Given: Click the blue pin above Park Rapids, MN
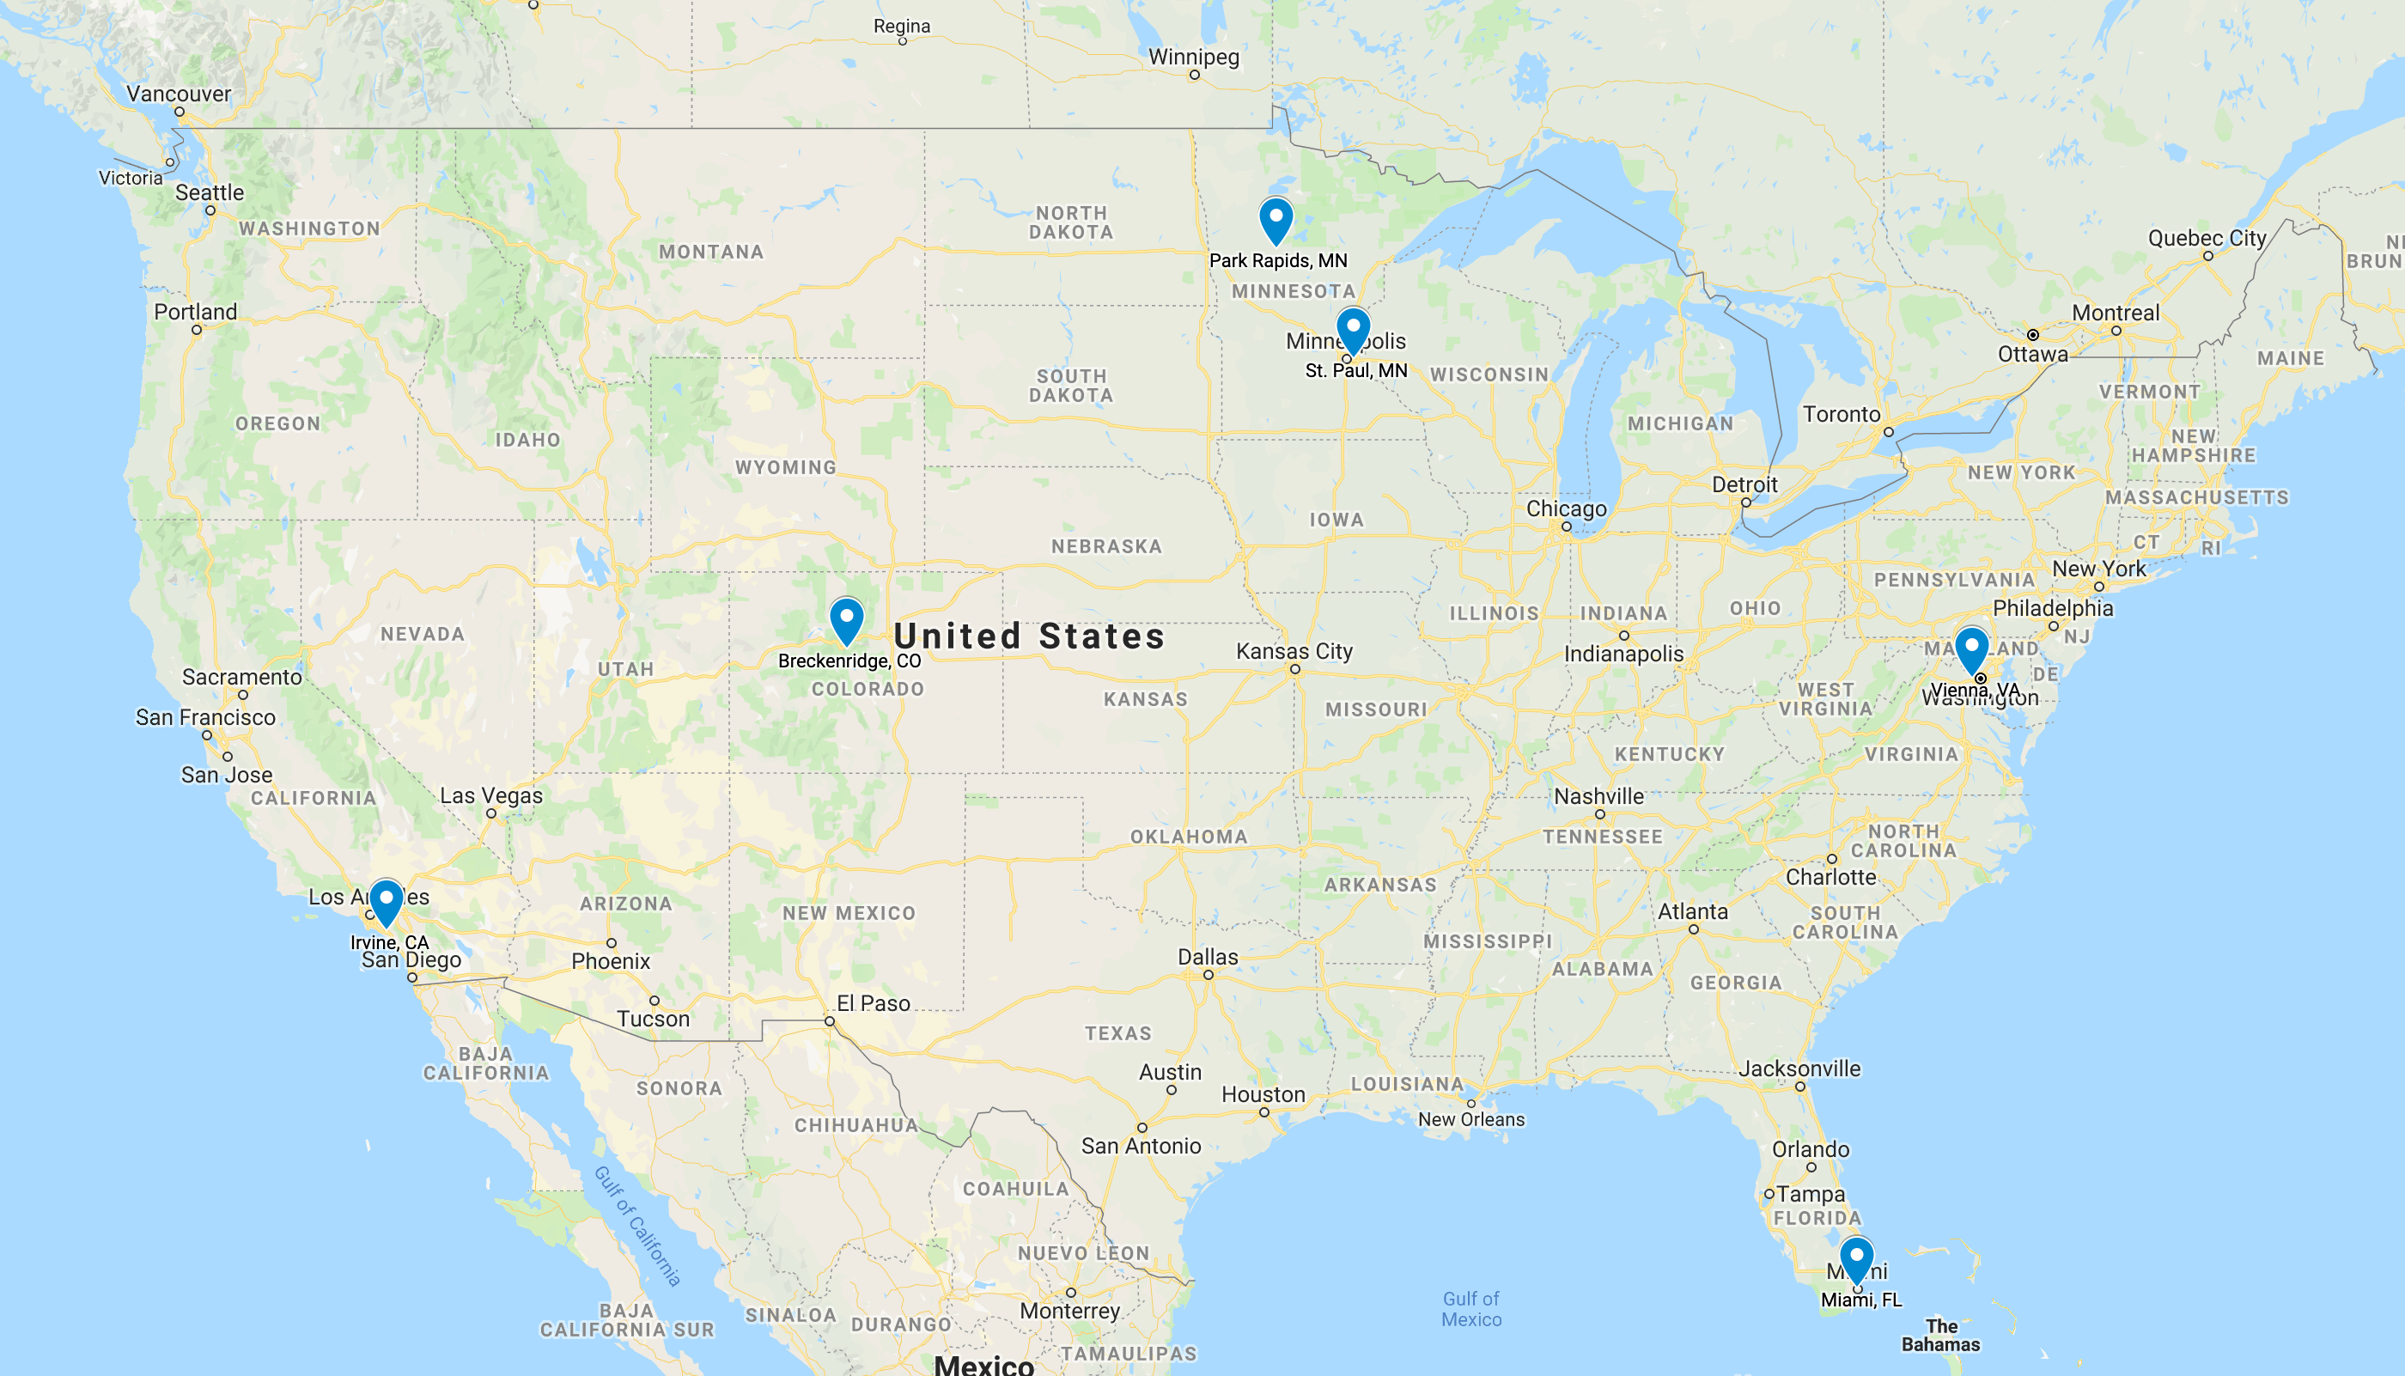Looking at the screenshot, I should [1276, 218].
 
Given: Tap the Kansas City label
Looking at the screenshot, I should [1294, 651].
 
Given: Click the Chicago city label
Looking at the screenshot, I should [1566, 508].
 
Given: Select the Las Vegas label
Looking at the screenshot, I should [491, 795].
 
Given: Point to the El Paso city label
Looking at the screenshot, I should [874, 1003].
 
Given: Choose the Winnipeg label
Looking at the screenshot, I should [1194, 57].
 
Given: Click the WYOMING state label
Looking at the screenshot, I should [785, 468].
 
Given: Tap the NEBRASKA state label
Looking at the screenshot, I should [1106, 546].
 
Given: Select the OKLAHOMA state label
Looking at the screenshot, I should [1189, 837].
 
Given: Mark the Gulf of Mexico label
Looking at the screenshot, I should [1470, 1309].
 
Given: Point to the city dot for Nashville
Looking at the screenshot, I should [1600, 814].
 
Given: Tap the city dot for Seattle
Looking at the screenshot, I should [210, 210].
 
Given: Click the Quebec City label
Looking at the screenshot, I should [2207, 238].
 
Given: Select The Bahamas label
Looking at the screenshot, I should [1940, 1336].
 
